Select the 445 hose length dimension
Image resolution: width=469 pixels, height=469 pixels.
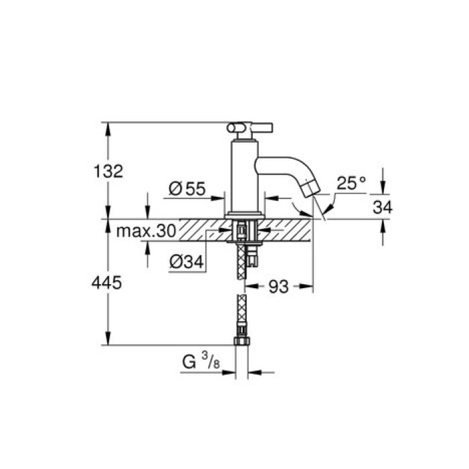108,283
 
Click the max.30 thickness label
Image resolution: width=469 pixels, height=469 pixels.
145,232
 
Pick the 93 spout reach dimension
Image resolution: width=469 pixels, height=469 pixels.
279,287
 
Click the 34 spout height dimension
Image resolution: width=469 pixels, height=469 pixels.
383,208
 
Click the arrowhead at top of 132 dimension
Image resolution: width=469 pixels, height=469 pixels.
108,127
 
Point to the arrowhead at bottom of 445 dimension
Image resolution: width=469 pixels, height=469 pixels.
108,340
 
